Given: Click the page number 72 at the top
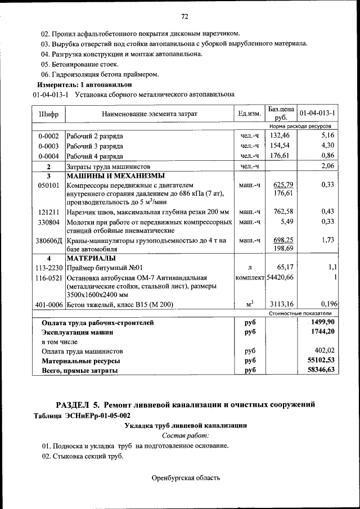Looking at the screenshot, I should point(184,15).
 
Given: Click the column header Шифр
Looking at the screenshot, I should point(48,114).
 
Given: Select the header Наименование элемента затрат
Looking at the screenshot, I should point(149,114).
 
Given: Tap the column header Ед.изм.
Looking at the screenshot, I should point(249,114).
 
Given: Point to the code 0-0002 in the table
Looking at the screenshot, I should point(48,136).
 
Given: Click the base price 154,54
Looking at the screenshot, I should point(280,146).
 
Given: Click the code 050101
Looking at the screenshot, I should point(48,184).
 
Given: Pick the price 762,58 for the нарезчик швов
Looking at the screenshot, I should point(280,211).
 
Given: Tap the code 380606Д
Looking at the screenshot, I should point(48,240).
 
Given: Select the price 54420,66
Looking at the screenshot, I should point(280,278).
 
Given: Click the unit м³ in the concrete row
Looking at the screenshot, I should point(249,304).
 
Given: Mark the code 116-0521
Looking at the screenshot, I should point(48,278).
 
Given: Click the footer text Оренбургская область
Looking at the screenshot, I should point(186,478).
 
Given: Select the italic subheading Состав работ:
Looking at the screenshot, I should point(185,436).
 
